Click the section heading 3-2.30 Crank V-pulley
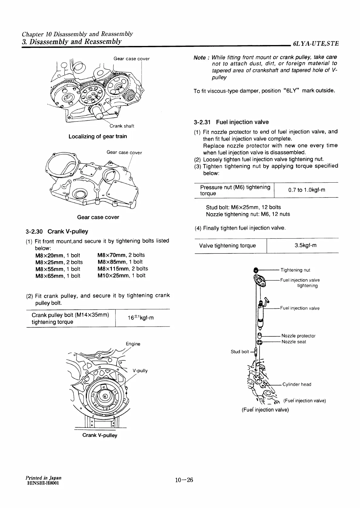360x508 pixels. (x=57, y=232)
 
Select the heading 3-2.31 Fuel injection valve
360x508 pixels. (x=231, y=122)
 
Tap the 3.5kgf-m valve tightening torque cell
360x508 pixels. (x=305, y=245)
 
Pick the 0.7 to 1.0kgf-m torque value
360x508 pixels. (x=306, y=190)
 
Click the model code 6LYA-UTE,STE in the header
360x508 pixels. (x=316, y=44)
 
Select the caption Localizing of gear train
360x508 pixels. (x=98, y=136)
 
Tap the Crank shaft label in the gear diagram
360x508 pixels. (x=122, y=126)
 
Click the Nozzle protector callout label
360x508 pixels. (x=298, y=336)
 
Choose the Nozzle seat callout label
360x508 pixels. (x=293, y=342)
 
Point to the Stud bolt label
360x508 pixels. (x=240, y=352)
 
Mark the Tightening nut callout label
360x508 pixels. (x=295, y=270)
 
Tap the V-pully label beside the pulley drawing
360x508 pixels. (x=140, y=371)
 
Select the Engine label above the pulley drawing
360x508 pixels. (x=133, y=344)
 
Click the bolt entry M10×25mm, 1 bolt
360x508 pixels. (x=121, y=276)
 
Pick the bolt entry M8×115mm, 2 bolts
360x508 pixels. (x=123, y=269)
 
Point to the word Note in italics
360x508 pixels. (x=200, y=57)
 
